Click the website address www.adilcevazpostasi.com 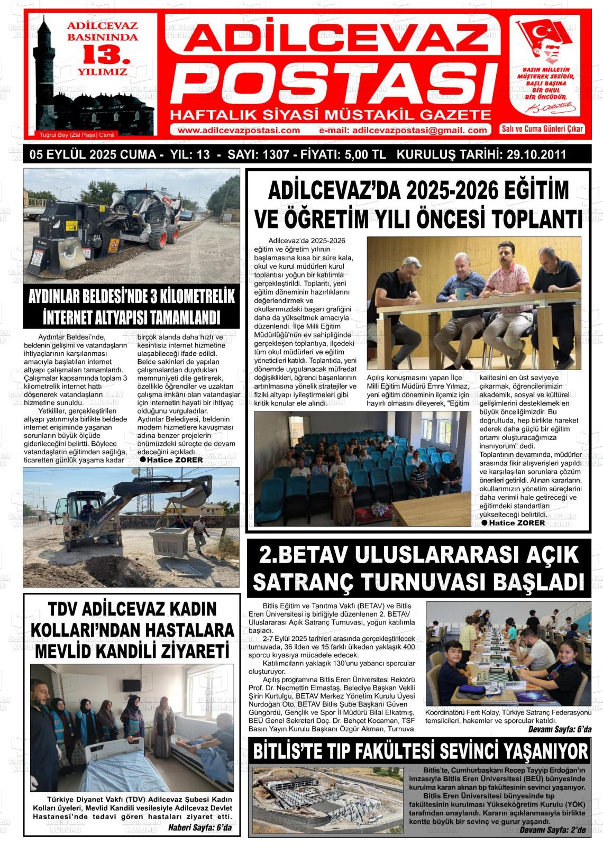(x=239, y=130)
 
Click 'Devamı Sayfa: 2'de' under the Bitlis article (x=552, y=830)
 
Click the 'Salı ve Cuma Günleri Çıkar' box (x=542, y=129)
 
